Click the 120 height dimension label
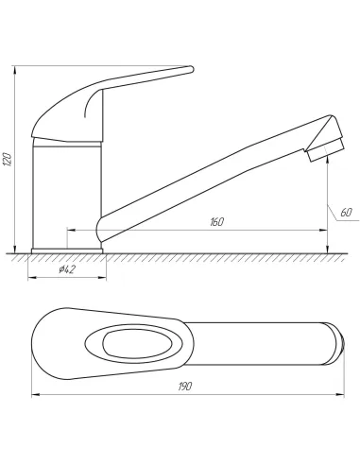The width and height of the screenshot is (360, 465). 8,159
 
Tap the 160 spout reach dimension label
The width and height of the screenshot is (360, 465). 216,222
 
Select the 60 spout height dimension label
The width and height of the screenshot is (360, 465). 346,213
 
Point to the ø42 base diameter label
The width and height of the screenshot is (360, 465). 67,269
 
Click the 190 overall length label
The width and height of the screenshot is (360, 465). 185,387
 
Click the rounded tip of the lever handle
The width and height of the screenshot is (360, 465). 191,69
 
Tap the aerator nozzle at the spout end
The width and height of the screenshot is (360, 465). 326,150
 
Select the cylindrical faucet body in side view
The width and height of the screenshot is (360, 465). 67,195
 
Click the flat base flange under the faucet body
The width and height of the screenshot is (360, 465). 67,251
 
